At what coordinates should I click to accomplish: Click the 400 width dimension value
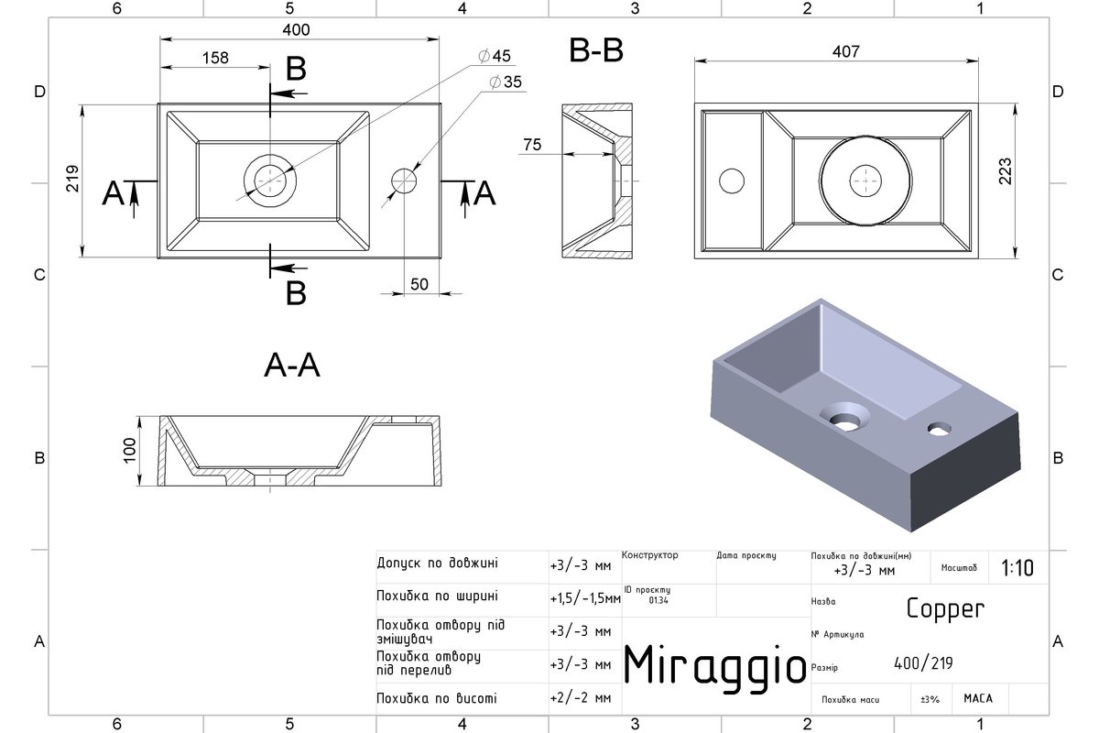pyautogui.click(x=296, y=30)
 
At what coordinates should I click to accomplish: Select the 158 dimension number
pyautogui.click(x=215, y=58)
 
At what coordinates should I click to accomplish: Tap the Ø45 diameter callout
pyautogui.click(x=495, y=56)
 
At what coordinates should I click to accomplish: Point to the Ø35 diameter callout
pyautogui.click(x=506, y=82)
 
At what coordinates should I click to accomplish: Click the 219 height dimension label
pyautogui.click(x=72, y=179)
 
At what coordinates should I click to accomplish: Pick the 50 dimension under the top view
pyautogui.click(x=419, y=284)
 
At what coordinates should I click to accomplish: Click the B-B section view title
pyautogui.click(x=596, y=50)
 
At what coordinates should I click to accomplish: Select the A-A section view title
pyautogui.click(x=292, y=366)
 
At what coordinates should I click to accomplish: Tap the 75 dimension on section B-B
pyautogui.click(x=532, y=145)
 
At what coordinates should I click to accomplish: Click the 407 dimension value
pyautogui.click(x=846, y=51)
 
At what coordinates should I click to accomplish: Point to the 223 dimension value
pyautogui.click(x=1005, y=170)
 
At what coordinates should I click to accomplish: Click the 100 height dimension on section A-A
pyautogui.click(x=129, y=450)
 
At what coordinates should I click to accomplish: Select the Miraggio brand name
pyautogui.click(x=715, y=666)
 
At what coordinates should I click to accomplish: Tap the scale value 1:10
pyautogui.click(x=1017, y=568)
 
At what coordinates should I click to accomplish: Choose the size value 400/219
pyautogui.click(x=923, y=663)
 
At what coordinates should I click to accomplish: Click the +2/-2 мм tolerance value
pyautogui.click(x=581, y=697)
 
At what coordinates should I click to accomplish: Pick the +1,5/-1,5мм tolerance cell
pyautogui.click(x=585, y=598)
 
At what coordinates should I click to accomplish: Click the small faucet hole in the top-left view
pyautogui.click(x=404, y=181)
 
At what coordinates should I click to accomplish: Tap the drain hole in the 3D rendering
pyautogui.click(x=844, y=419)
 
